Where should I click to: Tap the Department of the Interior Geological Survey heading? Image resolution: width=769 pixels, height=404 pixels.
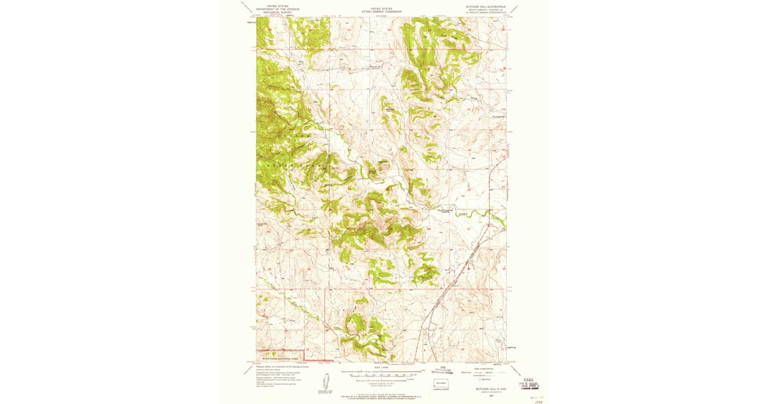pyautogui.click(x=277, y=10)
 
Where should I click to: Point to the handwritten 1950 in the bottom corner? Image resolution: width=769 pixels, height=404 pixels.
pyautogui.click(x=540, y=398)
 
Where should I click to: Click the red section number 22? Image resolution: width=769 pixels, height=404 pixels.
pyautogui.click(x=468, y=190)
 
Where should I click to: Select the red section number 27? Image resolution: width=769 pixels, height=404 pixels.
pyautogui.click(x=468, y=228)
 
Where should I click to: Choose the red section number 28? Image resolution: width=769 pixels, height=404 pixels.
pyautogui.click(x=428, y=228)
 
